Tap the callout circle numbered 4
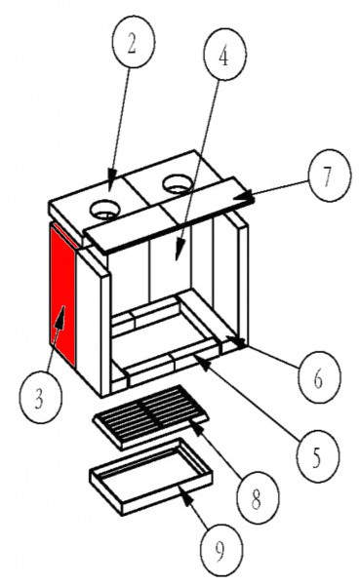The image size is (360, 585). [224, 55]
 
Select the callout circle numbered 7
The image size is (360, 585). [330, 175]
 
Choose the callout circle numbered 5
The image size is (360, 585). [317, 455]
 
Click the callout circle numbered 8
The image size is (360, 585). [258, 497]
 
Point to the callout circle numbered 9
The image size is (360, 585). [221, 549]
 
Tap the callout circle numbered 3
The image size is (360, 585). [40, 398]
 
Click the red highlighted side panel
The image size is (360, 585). [63, 296]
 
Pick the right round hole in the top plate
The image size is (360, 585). [178, 184]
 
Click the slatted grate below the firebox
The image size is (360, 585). [150, 416]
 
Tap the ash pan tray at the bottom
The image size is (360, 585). [151, 477]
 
